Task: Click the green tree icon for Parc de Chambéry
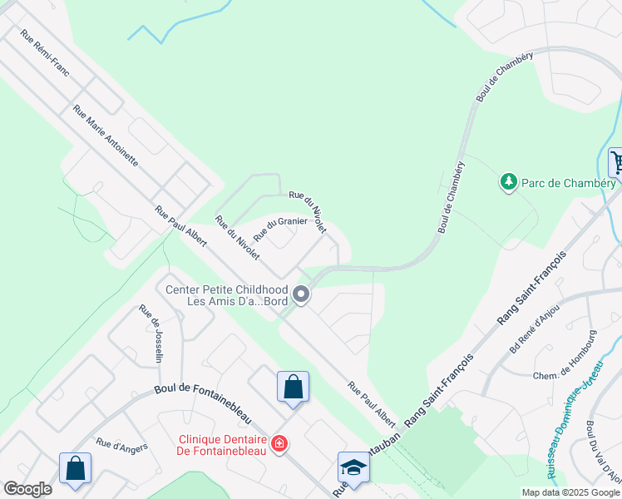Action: click(506, 180)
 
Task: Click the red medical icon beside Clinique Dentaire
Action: click(280, 443)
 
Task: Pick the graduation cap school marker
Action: click(353, 467)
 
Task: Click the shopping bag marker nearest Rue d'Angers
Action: click(75, 467)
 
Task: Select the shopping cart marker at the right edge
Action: click(616, 161)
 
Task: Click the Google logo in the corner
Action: click(27, 489)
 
